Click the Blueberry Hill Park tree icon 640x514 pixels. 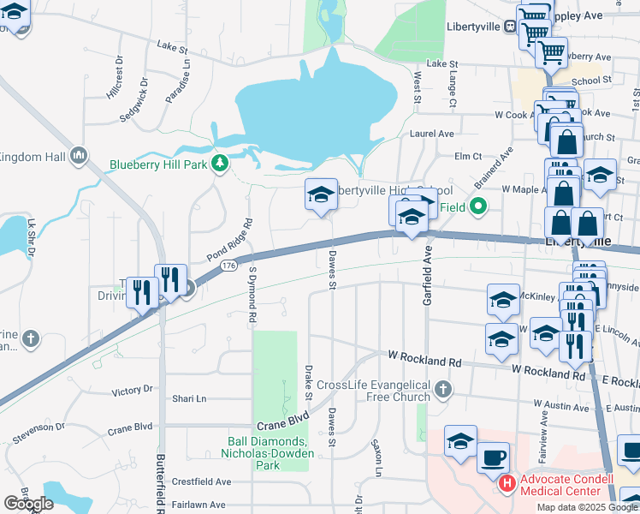[221, 163]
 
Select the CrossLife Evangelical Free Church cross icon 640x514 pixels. [442, 391]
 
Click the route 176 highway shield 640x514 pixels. [228, 266]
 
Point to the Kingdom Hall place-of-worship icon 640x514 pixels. [79, 155]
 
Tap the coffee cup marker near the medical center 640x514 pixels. [493, 457]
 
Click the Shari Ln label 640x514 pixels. [190, 399]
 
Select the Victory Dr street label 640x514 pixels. [132, 391]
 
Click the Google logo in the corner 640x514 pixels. [28, 504]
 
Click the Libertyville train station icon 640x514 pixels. [510, 26]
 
